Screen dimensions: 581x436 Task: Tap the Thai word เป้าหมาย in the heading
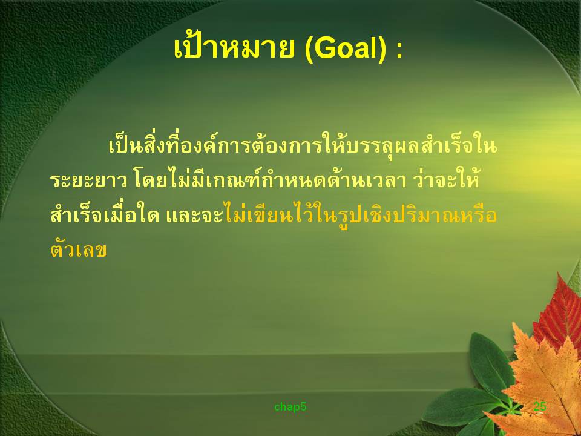tap(234, 47)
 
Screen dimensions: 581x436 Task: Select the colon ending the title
tap(399, 51)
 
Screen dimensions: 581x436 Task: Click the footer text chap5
tap(290, 407)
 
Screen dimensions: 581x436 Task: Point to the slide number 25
tap(539, 406)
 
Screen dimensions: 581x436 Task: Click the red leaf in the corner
tap(559, 315)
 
